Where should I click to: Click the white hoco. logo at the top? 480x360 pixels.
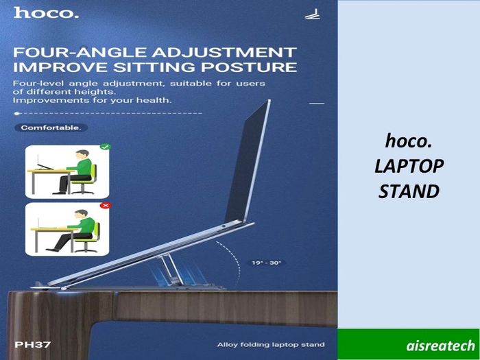(46, 13)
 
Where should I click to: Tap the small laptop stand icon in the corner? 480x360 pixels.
(313, 14)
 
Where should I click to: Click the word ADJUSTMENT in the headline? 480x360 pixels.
(224, 52)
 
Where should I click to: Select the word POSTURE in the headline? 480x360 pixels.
(249, 67)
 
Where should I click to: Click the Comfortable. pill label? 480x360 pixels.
(51, 128)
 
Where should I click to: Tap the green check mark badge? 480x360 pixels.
(106, 147)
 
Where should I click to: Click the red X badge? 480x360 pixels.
(106, 205)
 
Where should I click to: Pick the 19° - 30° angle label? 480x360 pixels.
(266, 263)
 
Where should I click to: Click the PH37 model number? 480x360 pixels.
(32, 345)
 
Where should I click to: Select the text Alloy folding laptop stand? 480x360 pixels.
(271, 345)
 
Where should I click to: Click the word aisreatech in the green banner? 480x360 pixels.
(440, 346)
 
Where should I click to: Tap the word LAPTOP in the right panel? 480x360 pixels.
(409, 166)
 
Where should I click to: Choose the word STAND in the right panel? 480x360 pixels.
(409, 191)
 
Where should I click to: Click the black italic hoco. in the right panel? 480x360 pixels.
(409, 141)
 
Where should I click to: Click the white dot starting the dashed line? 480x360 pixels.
(17, 114)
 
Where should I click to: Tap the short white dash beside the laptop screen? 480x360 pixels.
(317, 104)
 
